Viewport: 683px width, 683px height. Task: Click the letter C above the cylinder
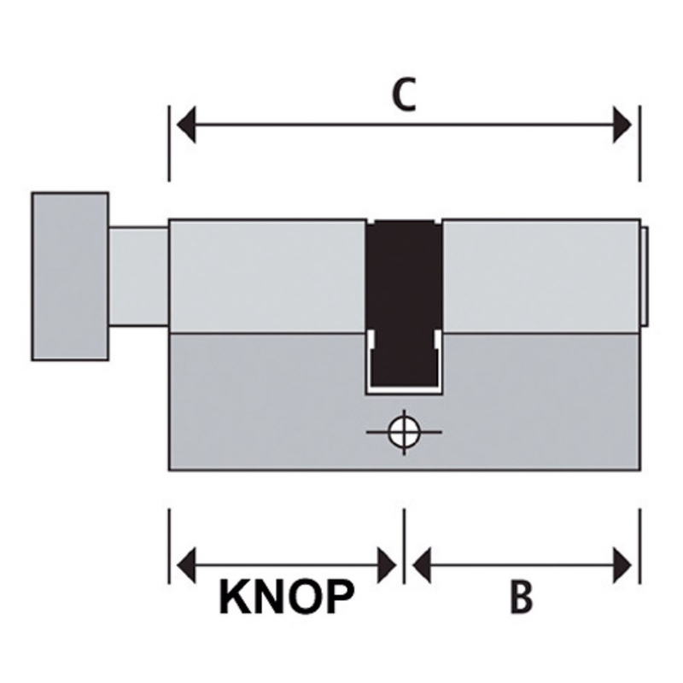403,96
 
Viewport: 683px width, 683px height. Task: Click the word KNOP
285,598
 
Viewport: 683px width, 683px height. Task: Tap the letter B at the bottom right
522,598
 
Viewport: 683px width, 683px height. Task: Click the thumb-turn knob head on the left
70,275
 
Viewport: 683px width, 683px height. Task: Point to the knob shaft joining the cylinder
138,275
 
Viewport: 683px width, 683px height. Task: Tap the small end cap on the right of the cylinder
646,275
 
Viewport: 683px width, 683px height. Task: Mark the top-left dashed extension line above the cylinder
169,143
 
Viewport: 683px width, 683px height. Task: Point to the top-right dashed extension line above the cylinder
639,143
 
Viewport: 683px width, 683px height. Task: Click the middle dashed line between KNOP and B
404,546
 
